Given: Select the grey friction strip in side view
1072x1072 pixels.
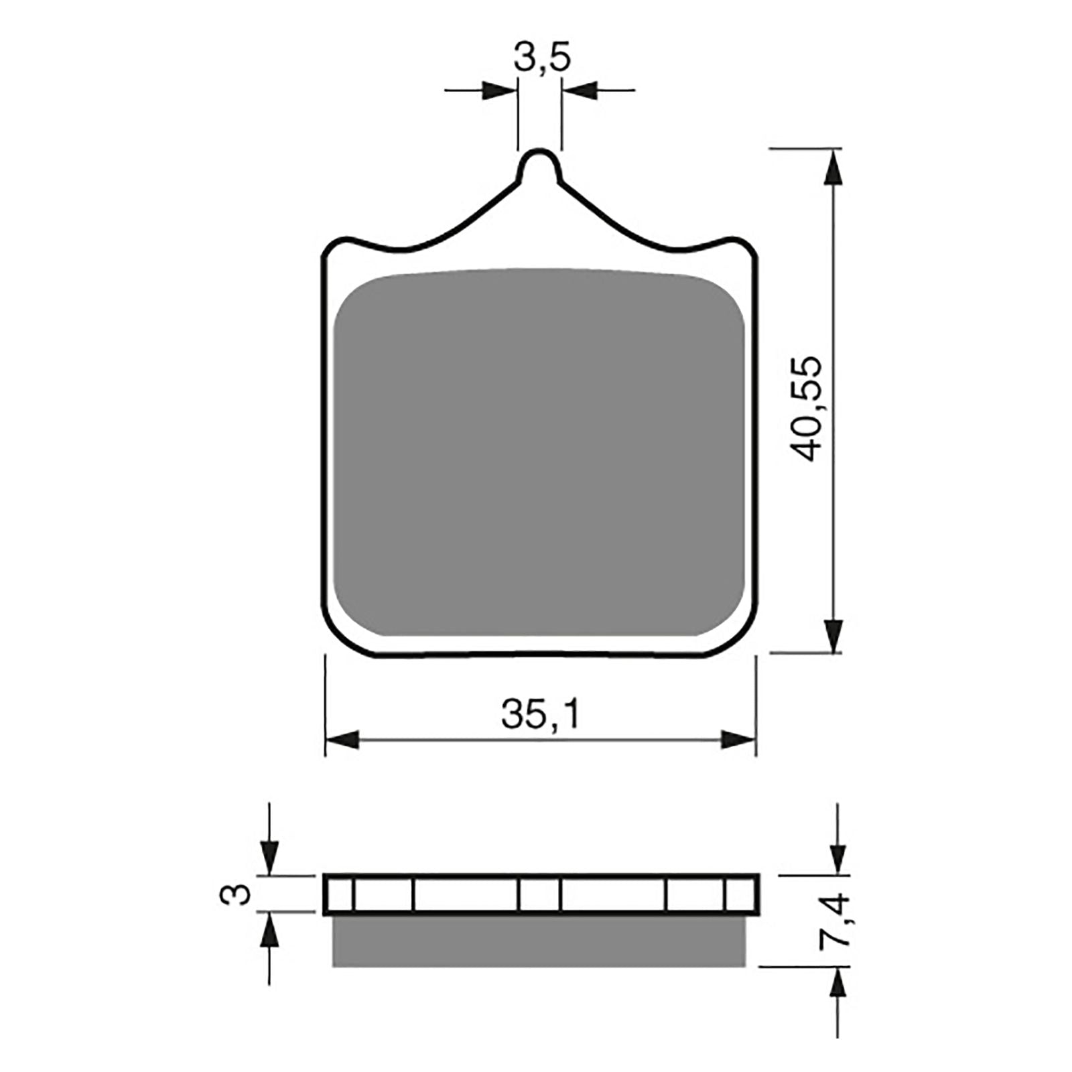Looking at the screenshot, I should (x=539, y=941).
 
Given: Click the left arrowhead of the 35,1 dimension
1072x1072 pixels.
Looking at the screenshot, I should (x=342, y=740).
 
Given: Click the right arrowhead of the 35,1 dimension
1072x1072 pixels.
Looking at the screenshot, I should (x=738, y=740).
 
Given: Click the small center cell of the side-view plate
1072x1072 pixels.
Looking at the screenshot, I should (x=539, y=894).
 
